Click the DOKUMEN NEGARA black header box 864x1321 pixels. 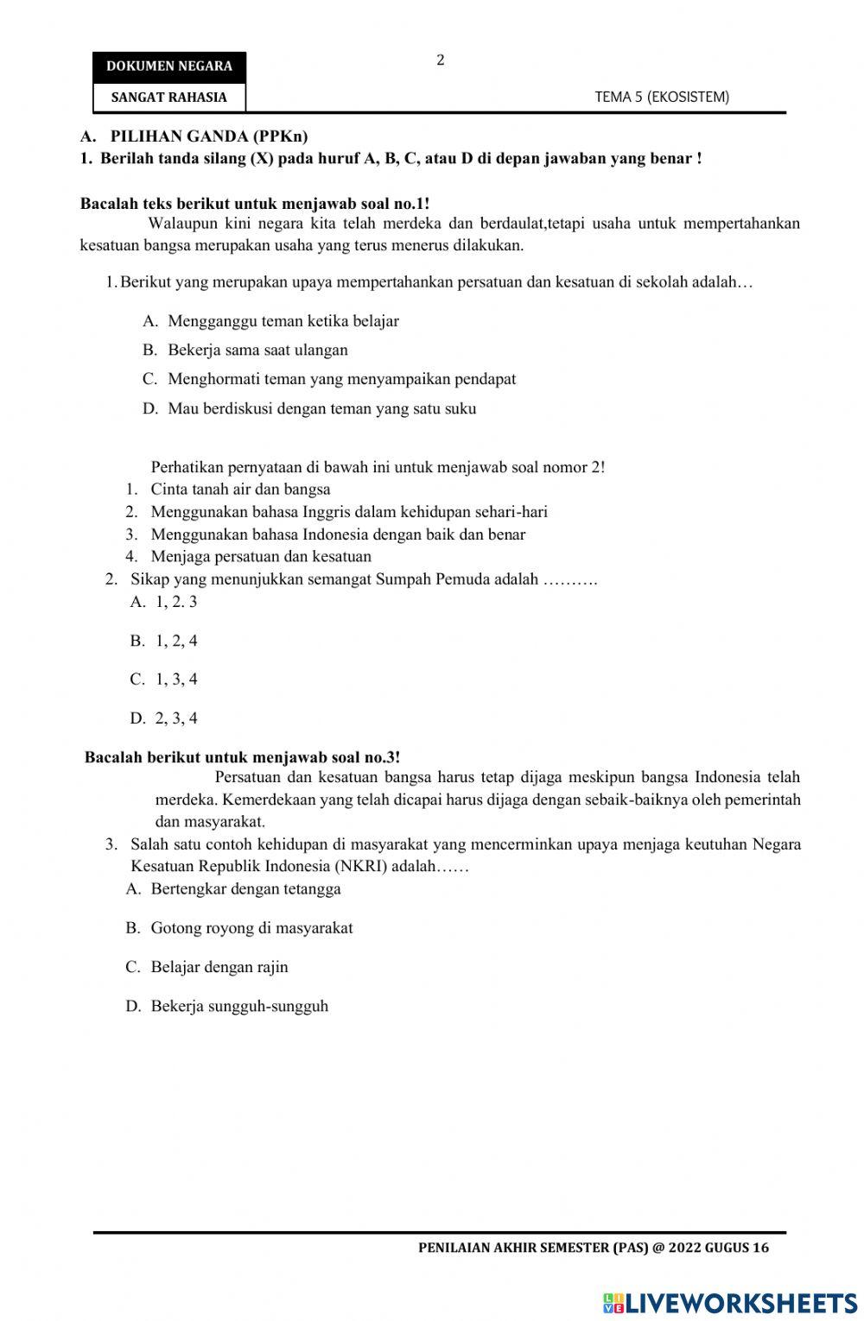169,66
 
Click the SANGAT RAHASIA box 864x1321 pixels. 169,98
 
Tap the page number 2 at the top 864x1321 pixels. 441,60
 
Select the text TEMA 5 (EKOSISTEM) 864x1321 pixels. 662,98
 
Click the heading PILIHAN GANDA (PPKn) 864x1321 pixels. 209,136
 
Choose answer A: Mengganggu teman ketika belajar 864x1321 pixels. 283,321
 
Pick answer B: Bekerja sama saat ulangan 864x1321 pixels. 257,350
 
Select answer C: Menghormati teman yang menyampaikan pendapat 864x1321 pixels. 341,378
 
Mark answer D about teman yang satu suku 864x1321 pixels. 321,408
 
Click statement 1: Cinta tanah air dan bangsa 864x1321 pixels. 240,489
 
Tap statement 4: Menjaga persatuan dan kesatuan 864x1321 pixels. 261,556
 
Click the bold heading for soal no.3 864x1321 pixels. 242,757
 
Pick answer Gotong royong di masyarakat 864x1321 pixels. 251,928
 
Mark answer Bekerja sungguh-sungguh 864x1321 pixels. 239,1006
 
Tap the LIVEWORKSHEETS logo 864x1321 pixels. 729,1303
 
